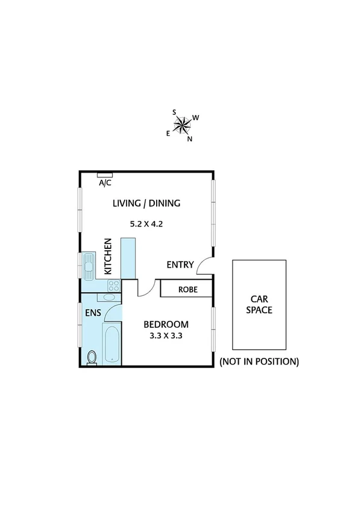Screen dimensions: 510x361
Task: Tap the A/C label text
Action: (105, 183)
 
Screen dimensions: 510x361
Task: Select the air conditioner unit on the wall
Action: (105, 175)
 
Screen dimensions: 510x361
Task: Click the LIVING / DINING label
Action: (146, 203)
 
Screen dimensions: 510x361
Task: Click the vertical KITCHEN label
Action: (108, 256)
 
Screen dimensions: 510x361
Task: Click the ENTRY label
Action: (180, 265)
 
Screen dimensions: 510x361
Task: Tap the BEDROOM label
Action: (166, 325)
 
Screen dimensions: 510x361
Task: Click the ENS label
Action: (92, 313)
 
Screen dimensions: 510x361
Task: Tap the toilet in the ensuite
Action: (91, 357)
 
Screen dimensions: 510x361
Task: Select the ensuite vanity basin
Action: (109, 298)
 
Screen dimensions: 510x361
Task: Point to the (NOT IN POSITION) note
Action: (259, 361)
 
